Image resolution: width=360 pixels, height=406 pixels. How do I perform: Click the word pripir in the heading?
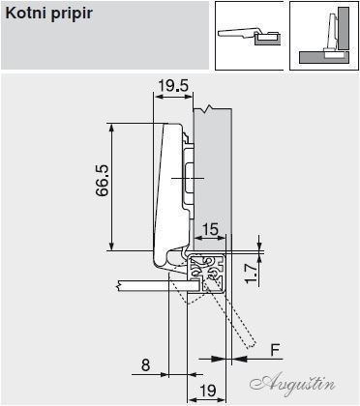point(72,14)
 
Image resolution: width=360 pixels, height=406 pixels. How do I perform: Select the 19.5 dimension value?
point(173,86)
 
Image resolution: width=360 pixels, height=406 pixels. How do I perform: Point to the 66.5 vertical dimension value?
point(103,180)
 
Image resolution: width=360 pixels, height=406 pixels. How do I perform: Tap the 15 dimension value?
point(210,229)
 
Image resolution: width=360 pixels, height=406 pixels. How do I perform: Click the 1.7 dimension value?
point(252,273)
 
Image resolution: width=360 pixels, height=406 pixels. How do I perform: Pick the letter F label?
point(275,350)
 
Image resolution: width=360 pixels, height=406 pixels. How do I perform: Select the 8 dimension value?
point(146,365)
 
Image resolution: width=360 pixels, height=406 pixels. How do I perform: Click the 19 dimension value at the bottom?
point(208,391)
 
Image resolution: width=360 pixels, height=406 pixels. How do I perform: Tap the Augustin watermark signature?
point(292,385)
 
